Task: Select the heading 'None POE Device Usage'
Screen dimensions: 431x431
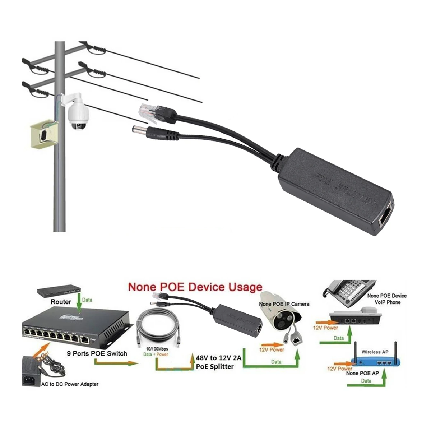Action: pyautogui.click(x=195, y=287)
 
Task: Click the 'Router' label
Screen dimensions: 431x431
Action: pyautogui.click(x=61, y=302)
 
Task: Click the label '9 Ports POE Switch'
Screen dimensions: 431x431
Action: pyautogui.click(x=97, y=353)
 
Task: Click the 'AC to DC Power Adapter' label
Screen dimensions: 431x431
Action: pyautogui.click(x=70, y=384)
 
